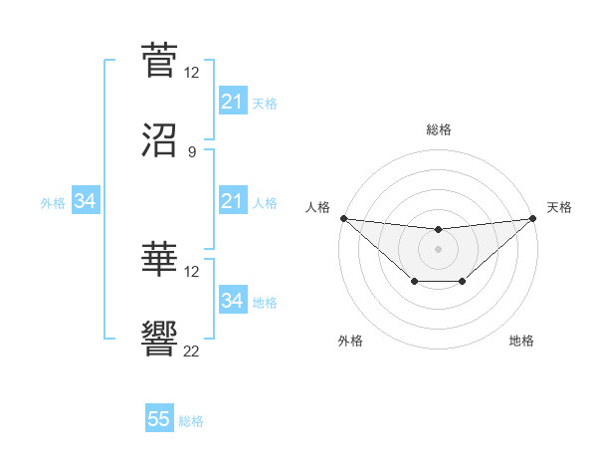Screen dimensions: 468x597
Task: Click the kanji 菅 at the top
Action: tap(160, 61)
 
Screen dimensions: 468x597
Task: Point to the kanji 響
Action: tap(160, 340)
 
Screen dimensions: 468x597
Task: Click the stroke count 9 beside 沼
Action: tap(191, 152)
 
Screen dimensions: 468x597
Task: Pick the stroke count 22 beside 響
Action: tap(191, 351)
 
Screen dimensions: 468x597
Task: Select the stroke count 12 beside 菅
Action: tap(191, 73)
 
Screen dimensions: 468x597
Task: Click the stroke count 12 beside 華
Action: tap(191, 271)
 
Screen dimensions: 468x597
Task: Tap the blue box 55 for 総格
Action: tap(159, 419)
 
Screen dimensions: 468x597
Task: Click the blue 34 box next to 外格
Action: tap(86, 202)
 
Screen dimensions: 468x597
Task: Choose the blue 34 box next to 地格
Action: tap(232, 301)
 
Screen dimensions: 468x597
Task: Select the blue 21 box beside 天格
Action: tap(232, 102)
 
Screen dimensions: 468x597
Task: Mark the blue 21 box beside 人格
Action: tap(232, 202)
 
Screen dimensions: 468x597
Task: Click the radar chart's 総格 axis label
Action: tap(438, 129)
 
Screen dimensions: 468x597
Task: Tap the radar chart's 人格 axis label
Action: tap(318, 207)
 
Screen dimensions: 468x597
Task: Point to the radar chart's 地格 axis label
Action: tap(521, 341)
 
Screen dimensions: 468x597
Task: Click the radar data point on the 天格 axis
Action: tap(532, 218)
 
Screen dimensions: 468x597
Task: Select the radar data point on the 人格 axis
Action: tap(343, 218)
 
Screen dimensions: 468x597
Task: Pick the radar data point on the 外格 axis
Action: tap(414, 283)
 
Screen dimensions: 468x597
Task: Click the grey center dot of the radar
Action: tap(438, 249)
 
